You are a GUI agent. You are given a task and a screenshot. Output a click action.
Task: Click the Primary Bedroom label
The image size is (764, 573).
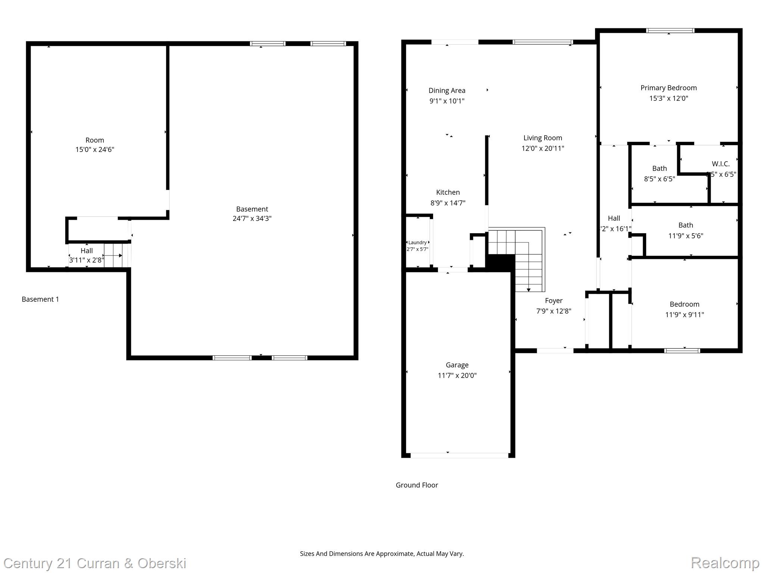668,88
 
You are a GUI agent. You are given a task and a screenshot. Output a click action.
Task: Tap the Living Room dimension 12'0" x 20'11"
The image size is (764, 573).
542,148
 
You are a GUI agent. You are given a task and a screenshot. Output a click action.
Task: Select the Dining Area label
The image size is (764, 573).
447,91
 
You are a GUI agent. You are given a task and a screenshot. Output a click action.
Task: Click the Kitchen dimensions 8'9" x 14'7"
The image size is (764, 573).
448,203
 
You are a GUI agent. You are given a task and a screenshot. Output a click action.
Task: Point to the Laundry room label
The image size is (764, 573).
417,242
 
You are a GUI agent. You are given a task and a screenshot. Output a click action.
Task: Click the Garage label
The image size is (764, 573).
457,365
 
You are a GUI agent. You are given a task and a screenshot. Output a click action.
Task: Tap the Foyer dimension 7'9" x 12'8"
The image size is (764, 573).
554,311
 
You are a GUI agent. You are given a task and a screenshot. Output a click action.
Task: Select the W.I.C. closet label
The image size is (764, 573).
720,164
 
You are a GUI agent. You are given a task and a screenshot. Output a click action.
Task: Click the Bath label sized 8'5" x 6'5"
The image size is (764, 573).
659,169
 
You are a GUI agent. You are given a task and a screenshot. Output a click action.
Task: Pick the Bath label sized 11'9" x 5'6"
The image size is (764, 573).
686,225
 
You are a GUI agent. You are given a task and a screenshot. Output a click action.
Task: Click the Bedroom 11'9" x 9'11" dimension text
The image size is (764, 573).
685,315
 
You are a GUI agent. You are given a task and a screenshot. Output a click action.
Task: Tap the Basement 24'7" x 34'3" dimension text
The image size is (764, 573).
252,219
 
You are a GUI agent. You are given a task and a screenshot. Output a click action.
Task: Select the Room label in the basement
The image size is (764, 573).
95,140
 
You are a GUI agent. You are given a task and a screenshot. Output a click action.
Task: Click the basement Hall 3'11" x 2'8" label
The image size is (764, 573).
87,251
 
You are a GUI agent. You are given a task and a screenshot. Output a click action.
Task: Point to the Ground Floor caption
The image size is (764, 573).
417,485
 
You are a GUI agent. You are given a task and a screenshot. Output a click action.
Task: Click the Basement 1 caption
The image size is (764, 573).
40,299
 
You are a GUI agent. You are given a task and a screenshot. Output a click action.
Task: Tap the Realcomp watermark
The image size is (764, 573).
725,563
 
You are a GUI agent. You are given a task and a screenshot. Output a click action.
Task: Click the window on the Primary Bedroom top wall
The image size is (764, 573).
670,31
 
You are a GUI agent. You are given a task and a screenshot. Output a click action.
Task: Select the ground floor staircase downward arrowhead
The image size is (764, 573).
529,290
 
